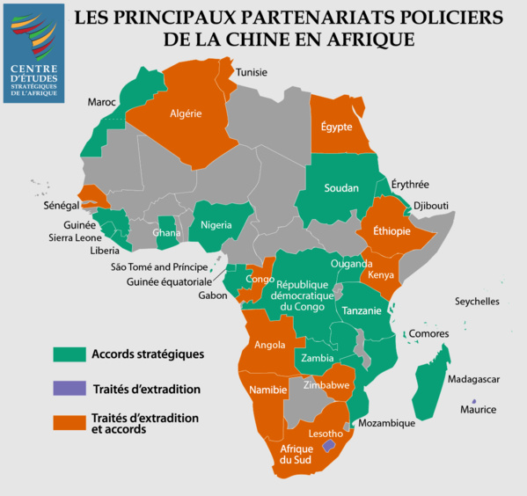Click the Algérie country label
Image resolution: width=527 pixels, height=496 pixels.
click(186, 113)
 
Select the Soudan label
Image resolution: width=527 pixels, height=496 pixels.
click(341, 188)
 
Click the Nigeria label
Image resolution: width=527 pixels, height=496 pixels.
click(216, 224)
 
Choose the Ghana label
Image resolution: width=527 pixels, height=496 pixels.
click(166, 233)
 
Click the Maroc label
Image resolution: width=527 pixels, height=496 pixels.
click(102, 103)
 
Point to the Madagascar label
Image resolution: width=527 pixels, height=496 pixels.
click(473, 379)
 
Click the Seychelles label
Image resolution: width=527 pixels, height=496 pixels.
click(477, 302)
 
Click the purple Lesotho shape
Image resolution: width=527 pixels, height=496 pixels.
click(329, 446)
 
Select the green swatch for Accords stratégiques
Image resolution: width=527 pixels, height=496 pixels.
click(67, 354)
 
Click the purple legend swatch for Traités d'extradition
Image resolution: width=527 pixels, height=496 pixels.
click(67, 388)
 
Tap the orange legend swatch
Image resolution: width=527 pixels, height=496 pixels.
click(67, 423)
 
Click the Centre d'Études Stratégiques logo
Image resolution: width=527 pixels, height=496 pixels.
click(33, 53)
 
